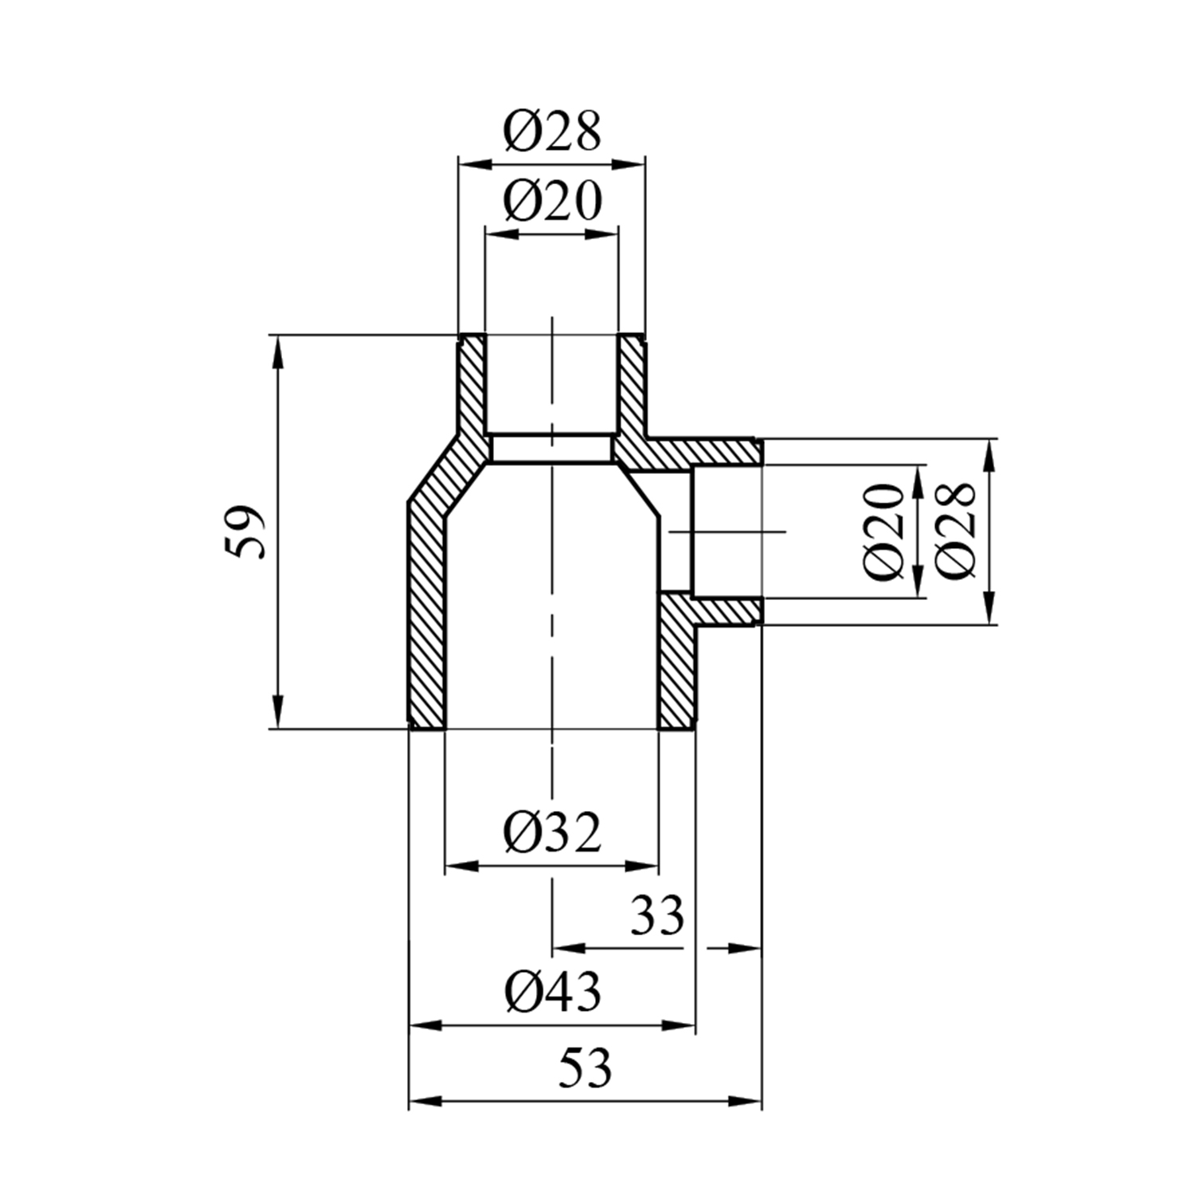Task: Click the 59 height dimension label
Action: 245,531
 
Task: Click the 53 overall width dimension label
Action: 585,1069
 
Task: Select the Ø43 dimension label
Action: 552,993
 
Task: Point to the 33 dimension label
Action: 657,916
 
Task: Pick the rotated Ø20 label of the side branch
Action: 884,531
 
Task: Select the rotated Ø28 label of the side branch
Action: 955,531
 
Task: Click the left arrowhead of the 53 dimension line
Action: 422,1102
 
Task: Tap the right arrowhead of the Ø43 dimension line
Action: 683,1026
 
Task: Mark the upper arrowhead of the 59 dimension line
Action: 277,350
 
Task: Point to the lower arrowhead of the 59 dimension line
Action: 277,712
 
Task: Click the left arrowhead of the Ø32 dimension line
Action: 459,866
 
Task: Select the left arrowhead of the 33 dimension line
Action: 567,948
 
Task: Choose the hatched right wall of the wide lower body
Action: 677,661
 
